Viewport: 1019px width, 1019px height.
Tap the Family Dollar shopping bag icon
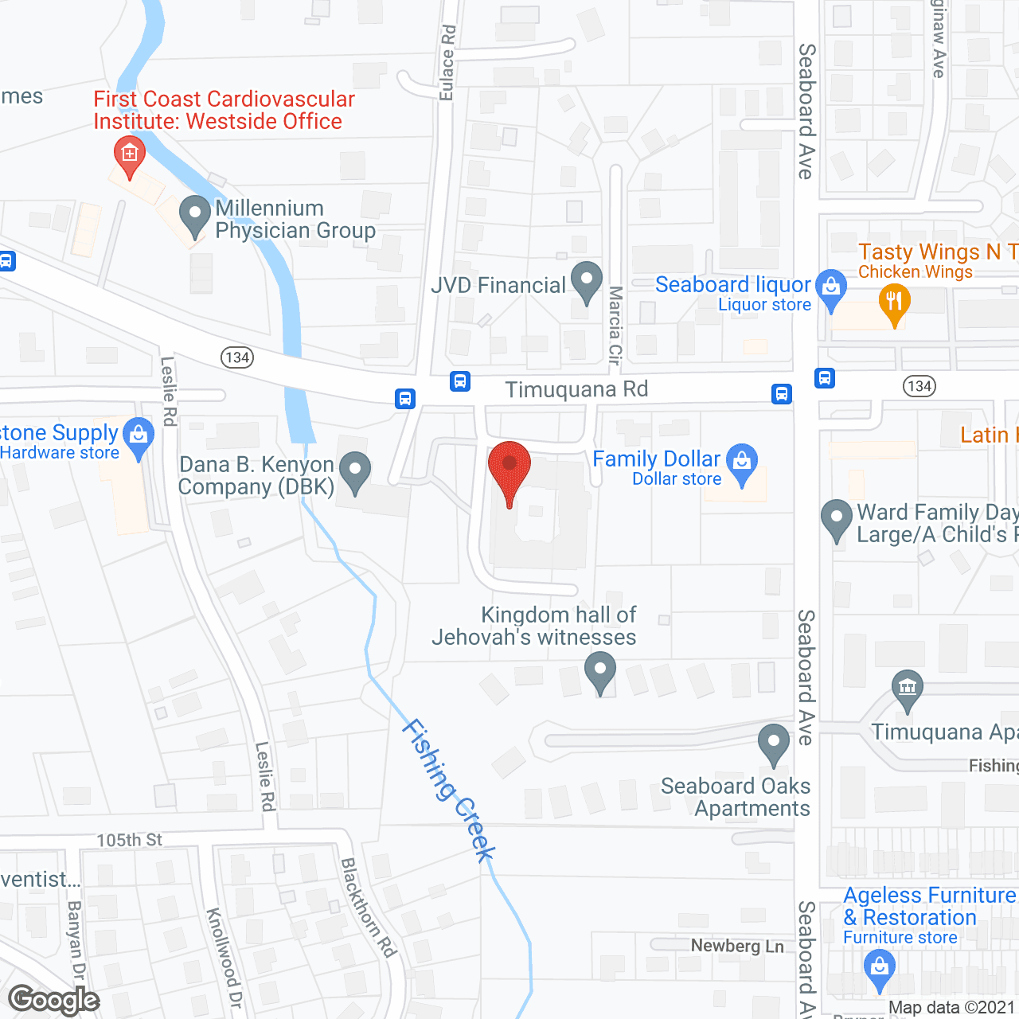click(x=742, y=463)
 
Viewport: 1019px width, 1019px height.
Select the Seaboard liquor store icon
click(x=831, y=287)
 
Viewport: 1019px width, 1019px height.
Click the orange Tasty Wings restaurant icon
click(x=894, y=303)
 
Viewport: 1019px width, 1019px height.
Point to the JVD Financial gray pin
click(x=587, y=280)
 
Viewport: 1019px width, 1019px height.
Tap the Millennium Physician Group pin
click(x=194, y=215)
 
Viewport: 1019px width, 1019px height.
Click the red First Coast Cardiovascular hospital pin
click(x=129, y=154)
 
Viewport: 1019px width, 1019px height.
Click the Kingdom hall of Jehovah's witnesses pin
click(x=600, y=670)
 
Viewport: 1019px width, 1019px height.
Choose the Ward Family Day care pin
click(x=836, y=518)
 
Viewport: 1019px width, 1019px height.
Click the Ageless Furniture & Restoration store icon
click(x=879, y=969)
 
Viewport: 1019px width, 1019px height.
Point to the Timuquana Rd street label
click(x=576, y=389)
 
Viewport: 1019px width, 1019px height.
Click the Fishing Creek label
click(x=450, y=790)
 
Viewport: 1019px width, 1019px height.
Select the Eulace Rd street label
click(x=447, y=62)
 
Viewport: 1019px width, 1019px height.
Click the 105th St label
click(x=129, y=840)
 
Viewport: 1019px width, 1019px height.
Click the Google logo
click(x=53, y=1000)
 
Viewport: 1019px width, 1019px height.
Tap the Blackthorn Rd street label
click(x=368, y=907)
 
